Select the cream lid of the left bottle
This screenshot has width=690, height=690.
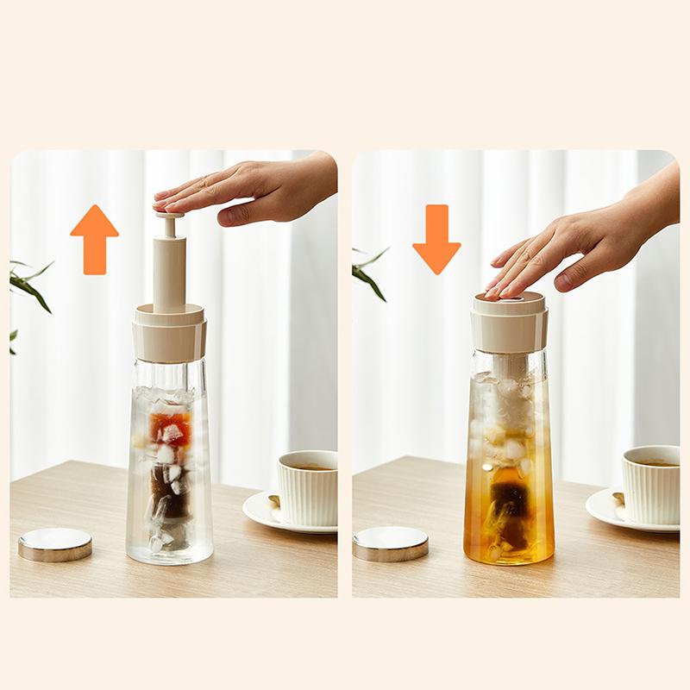pos(169,336)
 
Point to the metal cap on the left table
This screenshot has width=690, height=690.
pos(55,543)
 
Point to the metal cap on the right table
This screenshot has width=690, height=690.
pos(391,543)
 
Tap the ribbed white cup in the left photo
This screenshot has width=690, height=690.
pos(308,488)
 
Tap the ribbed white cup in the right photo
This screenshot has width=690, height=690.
pos(651,484)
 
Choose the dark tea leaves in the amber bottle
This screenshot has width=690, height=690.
pos(509,500)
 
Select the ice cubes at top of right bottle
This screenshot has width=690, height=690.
pos(509,405)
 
